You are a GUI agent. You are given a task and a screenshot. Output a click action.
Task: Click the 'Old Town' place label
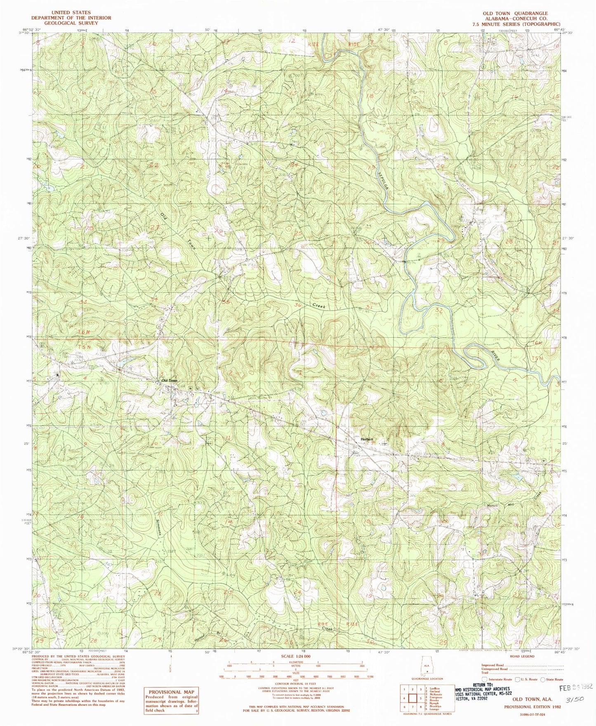point(169,380)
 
